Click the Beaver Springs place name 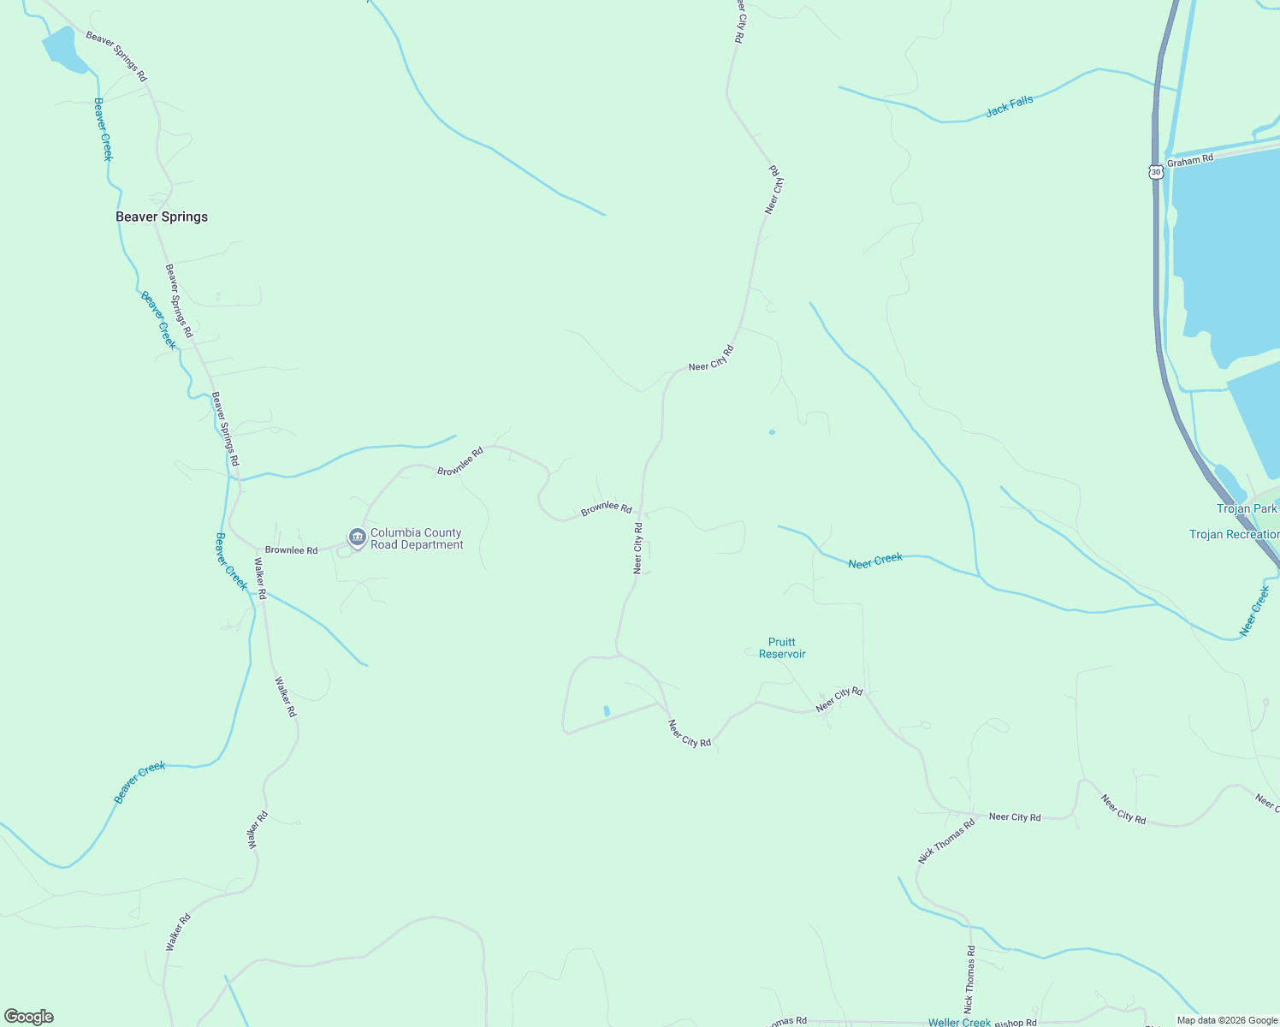(162, 217)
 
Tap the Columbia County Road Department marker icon (358, 537)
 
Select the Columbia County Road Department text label (417, 538)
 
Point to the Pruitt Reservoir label (782, 648)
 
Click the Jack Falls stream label (1010, 106)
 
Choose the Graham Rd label (1190, 160)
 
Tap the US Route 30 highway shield (1157, 171)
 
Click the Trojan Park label (1247, 508)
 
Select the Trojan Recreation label (1234, 534)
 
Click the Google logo (29, 1017)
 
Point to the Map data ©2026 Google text (1226, 1020)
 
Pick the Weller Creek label (959, 1022)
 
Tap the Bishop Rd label (1016, 1023)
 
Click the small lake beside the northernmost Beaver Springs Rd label (63, 50)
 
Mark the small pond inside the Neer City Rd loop (607, 710)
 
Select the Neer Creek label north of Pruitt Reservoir (875, 561)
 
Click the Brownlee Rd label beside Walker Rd (291, 550)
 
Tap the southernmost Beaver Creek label (139, 782)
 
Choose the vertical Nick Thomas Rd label (970, 979)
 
